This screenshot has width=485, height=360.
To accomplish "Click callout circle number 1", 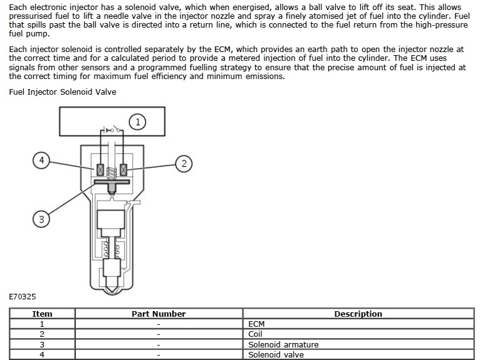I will [138, 121].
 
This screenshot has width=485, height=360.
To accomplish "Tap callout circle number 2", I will [183, 164].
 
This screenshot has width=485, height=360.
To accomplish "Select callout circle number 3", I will [41, 219].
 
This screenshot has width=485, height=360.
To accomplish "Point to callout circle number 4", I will [41, 161].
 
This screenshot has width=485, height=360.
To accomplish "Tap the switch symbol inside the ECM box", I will [111, 132].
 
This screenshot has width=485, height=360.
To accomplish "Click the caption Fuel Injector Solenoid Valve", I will [63, 92].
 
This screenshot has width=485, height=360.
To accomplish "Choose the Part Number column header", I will [159, 314].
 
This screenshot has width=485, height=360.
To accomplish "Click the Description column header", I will [358, 314].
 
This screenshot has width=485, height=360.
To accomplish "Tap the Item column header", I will [43, 314].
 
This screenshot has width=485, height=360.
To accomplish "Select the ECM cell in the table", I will [257, 324].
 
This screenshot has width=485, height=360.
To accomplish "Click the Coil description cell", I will [256, 334].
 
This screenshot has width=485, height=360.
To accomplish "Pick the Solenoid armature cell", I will [283, 344].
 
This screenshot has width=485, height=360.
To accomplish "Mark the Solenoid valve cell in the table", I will [276, 354].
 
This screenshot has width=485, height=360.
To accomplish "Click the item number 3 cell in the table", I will [43, 344].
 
